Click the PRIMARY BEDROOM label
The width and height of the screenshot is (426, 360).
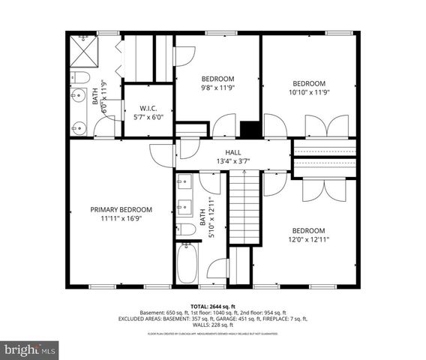coord(121,210)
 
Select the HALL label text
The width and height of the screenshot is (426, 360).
coord(233,152)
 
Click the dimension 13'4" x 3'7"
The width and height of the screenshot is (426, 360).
coord(233,161)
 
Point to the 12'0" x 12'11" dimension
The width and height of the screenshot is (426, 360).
coord(308,239)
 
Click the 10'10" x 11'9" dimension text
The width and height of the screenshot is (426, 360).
coord(308,92)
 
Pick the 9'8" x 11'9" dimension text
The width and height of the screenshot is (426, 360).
coord(218,88)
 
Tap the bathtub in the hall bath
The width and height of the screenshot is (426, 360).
coord(187,263)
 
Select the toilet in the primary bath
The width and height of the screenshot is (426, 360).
coord(80,78)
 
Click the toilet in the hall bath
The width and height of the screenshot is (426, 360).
coord(186,229)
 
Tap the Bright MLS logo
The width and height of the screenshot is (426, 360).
coord(31,349)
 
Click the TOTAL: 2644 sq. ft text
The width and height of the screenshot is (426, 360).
coord(213,305)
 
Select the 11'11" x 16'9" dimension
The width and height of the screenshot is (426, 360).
coord(121,219)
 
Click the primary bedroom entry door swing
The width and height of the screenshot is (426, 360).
coord(161,155)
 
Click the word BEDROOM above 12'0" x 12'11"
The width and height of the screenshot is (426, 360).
coord(308,230)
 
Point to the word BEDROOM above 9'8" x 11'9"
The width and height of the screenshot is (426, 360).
coord(218,79)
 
